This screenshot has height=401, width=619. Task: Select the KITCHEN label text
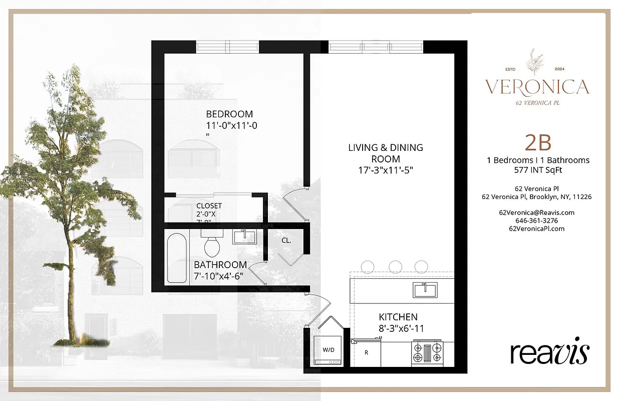tap(398, 317)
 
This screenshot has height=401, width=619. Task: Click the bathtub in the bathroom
tap(177, 258)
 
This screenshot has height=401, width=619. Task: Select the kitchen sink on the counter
tap(425, 289)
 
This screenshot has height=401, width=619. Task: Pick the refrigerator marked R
tap(367, 352)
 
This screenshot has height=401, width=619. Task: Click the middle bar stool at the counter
tap(396, 267)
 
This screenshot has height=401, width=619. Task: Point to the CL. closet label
tap(286, 241)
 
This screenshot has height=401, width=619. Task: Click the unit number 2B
tap(538, 143)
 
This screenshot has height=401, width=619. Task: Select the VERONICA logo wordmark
tap(536, 87)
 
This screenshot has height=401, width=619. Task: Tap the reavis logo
tap(549, 353)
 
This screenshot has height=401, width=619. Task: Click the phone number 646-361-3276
tap(536, 221)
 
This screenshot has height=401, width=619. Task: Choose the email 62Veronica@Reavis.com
tap(536, 213)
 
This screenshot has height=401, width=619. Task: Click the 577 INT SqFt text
tap(538, 169)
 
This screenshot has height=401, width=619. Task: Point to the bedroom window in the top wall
tap(227, 47)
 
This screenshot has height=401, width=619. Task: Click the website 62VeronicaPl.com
tap(536, 229)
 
